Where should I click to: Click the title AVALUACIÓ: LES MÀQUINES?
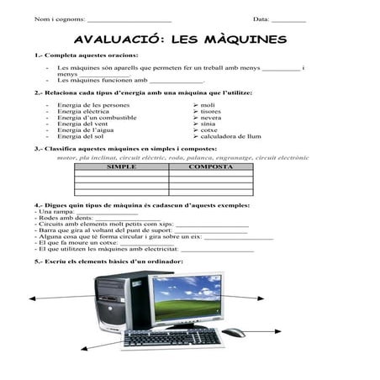[180, 40]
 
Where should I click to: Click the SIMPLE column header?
[121, 166]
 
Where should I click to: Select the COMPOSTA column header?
[210, 166]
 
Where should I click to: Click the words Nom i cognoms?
[59, 19]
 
